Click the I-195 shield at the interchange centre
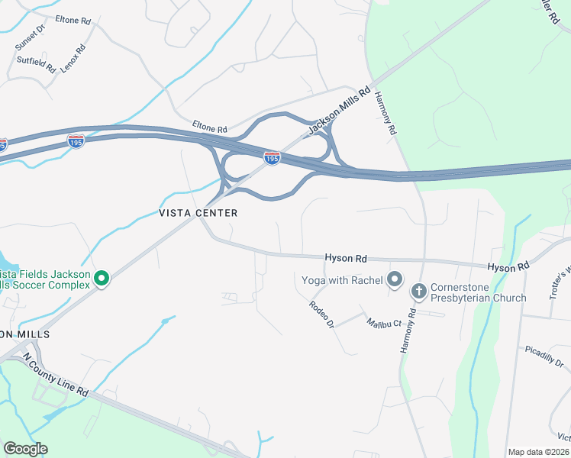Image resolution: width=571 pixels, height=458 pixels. click(x=272, y=158)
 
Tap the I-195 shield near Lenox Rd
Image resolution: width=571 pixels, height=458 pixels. click(x=76, y=142)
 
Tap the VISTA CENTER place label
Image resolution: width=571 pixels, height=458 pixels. click(x=198, y=213)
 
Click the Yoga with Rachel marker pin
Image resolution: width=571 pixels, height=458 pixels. click(x=394, y=279)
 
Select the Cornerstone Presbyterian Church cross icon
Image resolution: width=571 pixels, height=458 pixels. click(x=418, y=291)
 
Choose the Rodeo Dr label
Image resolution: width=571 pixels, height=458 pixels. click(x=321, y=314)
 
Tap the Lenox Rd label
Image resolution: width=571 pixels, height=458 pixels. click(x=73, y=58)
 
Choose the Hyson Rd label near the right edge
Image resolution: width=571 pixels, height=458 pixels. click(x=508, y=267)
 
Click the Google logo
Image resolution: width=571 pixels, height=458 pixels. click(x=25, y=449)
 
